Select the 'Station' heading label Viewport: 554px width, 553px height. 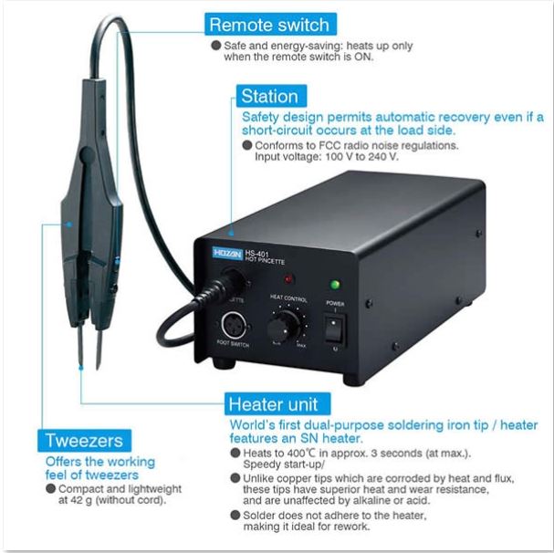click(x=269, y=95)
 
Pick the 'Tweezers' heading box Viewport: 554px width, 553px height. click(x=84, y=441)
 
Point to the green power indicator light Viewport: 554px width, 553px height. click(x=335, y=284)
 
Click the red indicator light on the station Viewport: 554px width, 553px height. click(x=290, y=279)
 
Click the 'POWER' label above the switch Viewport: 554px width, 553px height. click(x=335, y=301)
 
